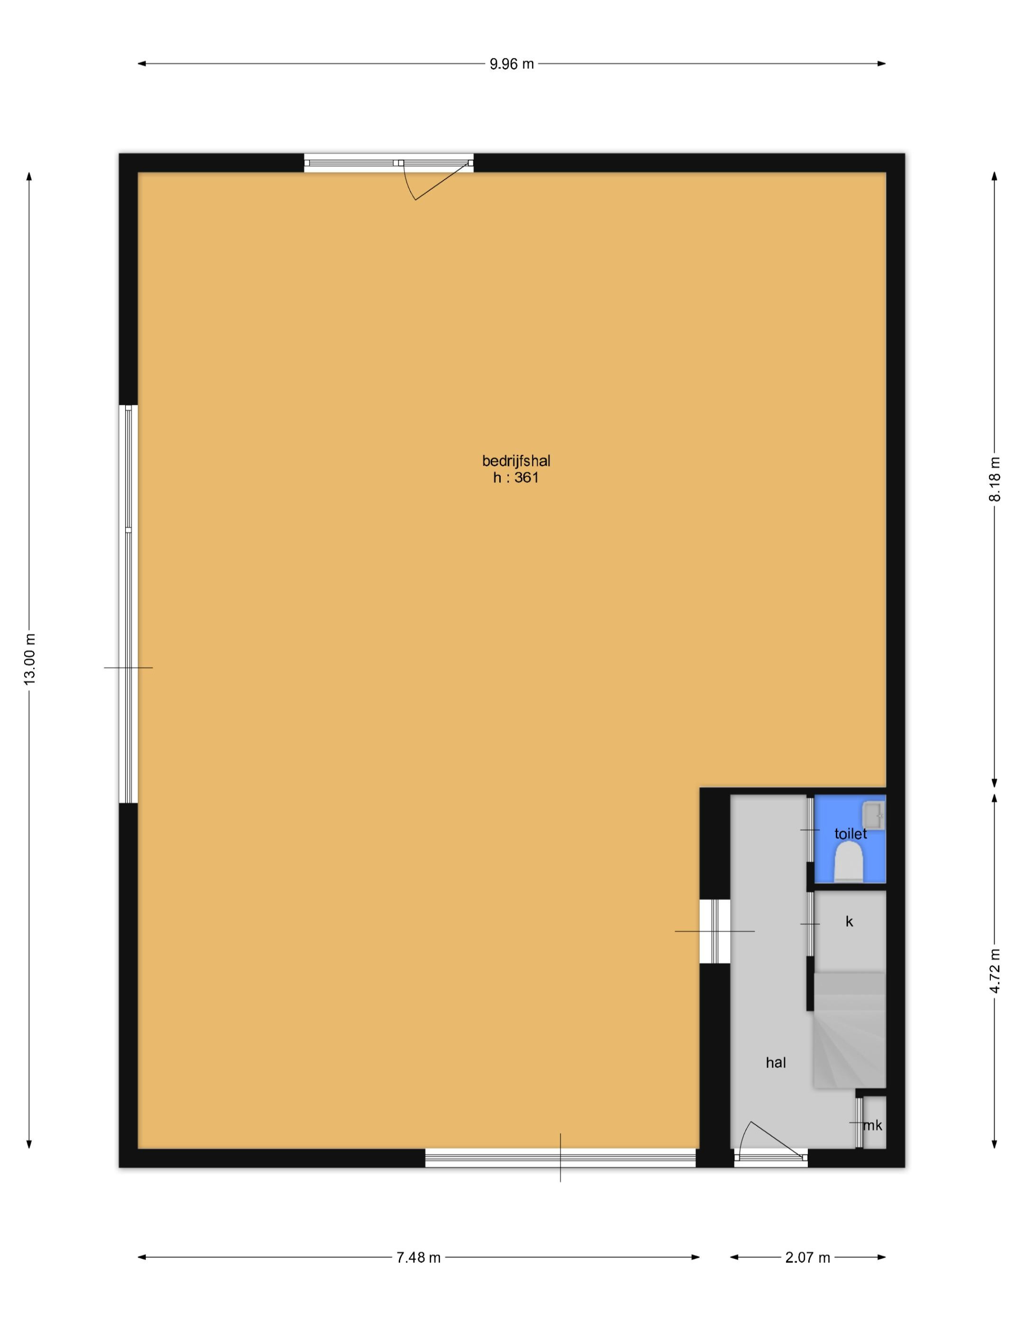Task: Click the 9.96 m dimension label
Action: [512, 64]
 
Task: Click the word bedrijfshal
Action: [516, 461]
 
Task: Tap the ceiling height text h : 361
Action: [516, 478]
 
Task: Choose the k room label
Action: [849, 922]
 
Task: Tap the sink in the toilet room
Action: [873, 815]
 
